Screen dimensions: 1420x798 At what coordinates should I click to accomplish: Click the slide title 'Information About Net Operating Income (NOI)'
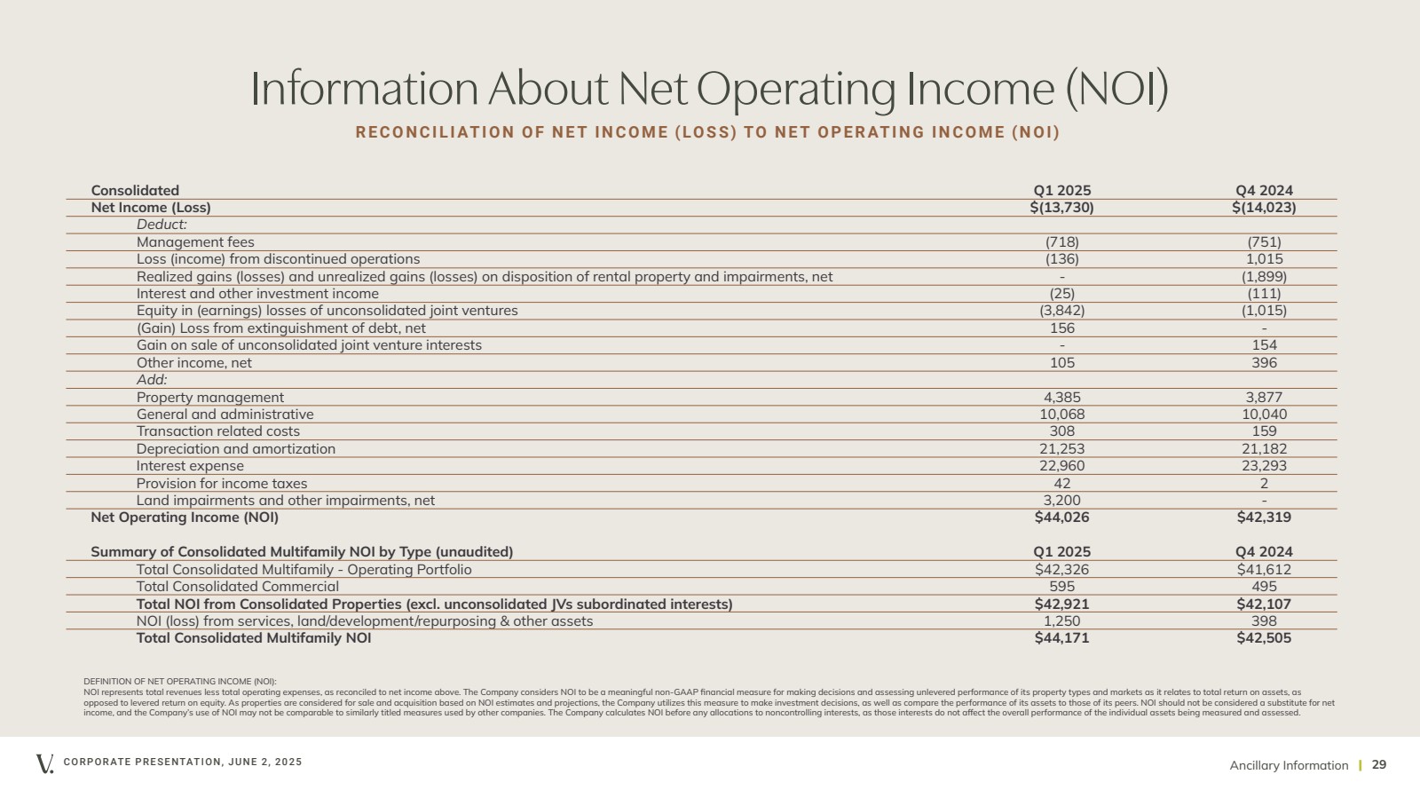coord(709,90)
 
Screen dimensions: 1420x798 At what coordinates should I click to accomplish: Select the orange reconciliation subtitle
coord(707,132)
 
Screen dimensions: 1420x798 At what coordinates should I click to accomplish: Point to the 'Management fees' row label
coord(195,242)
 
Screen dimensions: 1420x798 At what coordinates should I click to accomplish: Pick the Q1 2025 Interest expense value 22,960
coord(1061,466)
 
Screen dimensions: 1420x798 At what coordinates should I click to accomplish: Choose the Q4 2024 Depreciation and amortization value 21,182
coord(1264,449)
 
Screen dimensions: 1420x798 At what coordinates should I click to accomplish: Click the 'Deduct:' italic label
coord(162,225)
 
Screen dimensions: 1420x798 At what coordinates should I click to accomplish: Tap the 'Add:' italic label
coord(152,380)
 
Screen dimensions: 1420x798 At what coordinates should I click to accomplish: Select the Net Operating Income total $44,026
coord(1061,518)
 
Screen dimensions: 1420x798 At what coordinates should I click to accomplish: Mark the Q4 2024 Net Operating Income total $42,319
coord(1264,518)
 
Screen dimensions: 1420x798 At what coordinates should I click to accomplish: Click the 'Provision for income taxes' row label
coord(222,484)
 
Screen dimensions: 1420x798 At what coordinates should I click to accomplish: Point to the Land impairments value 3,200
coord(1061,501)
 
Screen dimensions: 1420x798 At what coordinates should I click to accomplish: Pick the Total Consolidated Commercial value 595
coord(1061,587)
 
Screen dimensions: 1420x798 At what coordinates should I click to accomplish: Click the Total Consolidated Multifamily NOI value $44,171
coord(1061,638)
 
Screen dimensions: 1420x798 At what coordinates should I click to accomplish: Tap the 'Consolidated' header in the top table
coord(135,191)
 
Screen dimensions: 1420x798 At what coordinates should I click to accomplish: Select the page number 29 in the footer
coord(1379,765)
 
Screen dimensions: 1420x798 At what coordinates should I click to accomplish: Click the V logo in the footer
coord(44,763)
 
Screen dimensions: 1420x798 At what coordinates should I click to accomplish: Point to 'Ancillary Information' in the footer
coord(1289,766)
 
